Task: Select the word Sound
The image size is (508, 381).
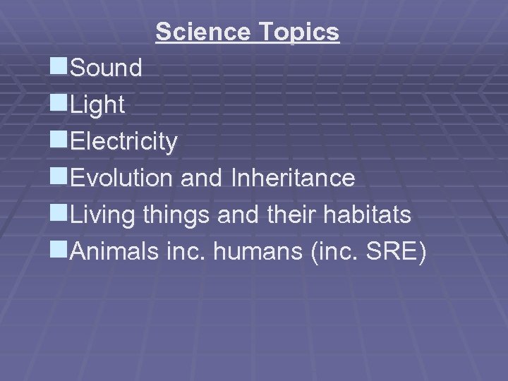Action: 107,68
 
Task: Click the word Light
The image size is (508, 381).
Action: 98,106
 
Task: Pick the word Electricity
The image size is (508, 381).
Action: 124,142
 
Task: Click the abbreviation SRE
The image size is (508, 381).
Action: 394,252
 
